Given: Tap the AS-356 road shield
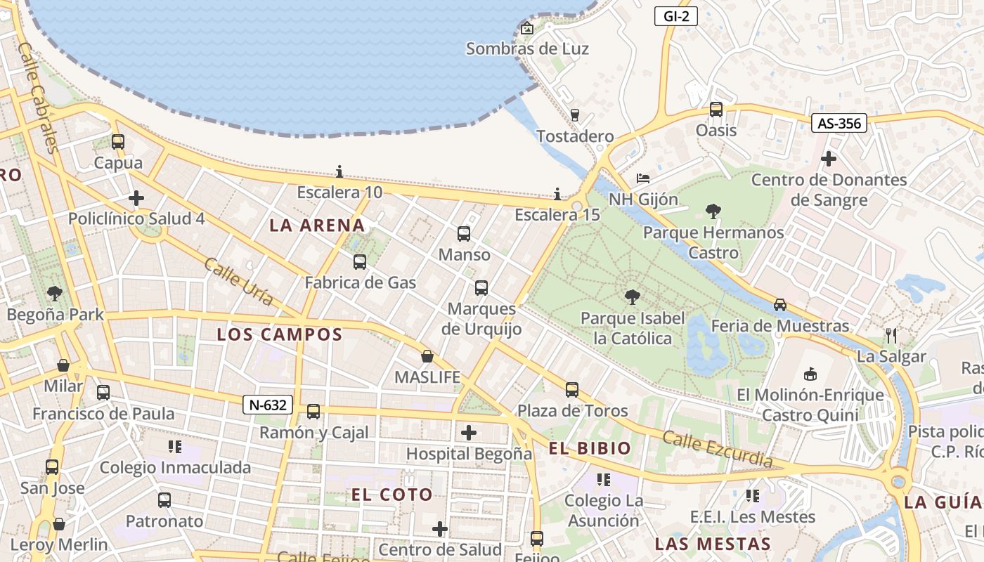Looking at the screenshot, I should [x=839, y=124].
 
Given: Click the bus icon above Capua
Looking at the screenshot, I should [x=118, y=142].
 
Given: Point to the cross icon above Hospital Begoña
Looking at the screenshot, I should [x=469, y=433].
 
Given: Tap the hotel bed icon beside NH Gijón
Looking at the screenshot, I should [x=643, y=178].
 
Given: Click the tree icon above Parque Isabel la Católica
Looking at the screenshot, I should [x=632, y=297].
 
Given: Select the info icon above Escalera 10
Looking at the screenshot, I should [x=339, y=171].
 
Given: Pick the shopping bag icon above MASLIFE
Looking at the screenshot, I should [x=427, y=356].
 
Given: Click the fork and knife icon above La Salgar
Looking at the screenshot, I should [x=891, y=335].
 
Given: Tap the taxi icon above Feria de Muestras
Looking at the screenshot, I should [x=780, y=305].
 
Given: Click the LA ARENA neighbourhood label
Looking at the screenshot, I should [x=318, y=226].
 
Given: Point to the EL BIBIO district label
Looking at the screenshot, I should [x=590, y=448].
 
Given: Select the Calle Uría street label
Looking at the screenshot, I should [x=238, y=281].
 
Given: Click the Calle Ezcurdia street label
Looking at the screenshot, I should [x=718, y=450].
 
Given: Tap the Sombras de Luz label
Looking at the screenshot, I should [x=527, y=48].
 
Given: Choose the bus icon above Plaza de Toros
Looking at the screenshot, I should [x=572, y=390].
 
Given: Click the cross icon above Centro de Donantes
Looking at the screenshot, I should [x=829, y=159].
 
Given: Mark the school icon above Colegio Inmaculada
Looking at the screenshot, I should [x=175, y=447].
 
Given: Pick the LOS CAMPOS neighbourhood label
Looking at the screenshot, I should [x=280, y=334].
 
